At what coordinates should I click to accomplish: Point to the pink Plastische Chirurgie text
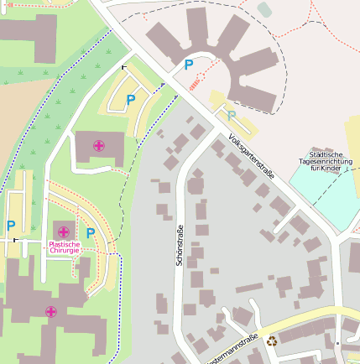click(65, 247)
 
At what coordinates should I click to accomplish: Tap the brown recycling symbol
click(271, 341)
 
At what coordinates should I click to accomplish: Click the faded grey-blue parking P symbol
click(231, 115)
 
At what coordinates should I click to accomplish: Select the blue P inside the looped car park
click(130, 100)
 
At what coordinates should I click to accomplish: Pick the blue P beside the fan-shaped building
click(188, 64)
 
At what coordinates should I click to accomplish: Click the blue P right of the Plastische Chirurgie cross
click(90, 232)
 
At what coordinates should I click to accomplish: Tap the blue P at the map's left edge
click(10, 225)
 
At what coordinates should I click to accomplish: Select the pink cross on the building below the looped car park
click(99, 146)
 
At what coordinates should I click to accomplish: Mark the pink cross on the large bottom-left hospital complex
click(51, 311)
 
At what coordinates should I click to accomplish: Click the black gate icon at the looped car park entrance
click(124, 66)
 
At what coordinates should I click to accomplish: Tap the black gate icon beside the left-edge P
click(14, 240)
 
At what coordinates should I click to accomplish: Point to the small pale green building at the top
click(265, 9)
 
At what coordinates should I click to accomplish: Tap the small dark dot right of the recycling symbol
click(337, 343)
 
